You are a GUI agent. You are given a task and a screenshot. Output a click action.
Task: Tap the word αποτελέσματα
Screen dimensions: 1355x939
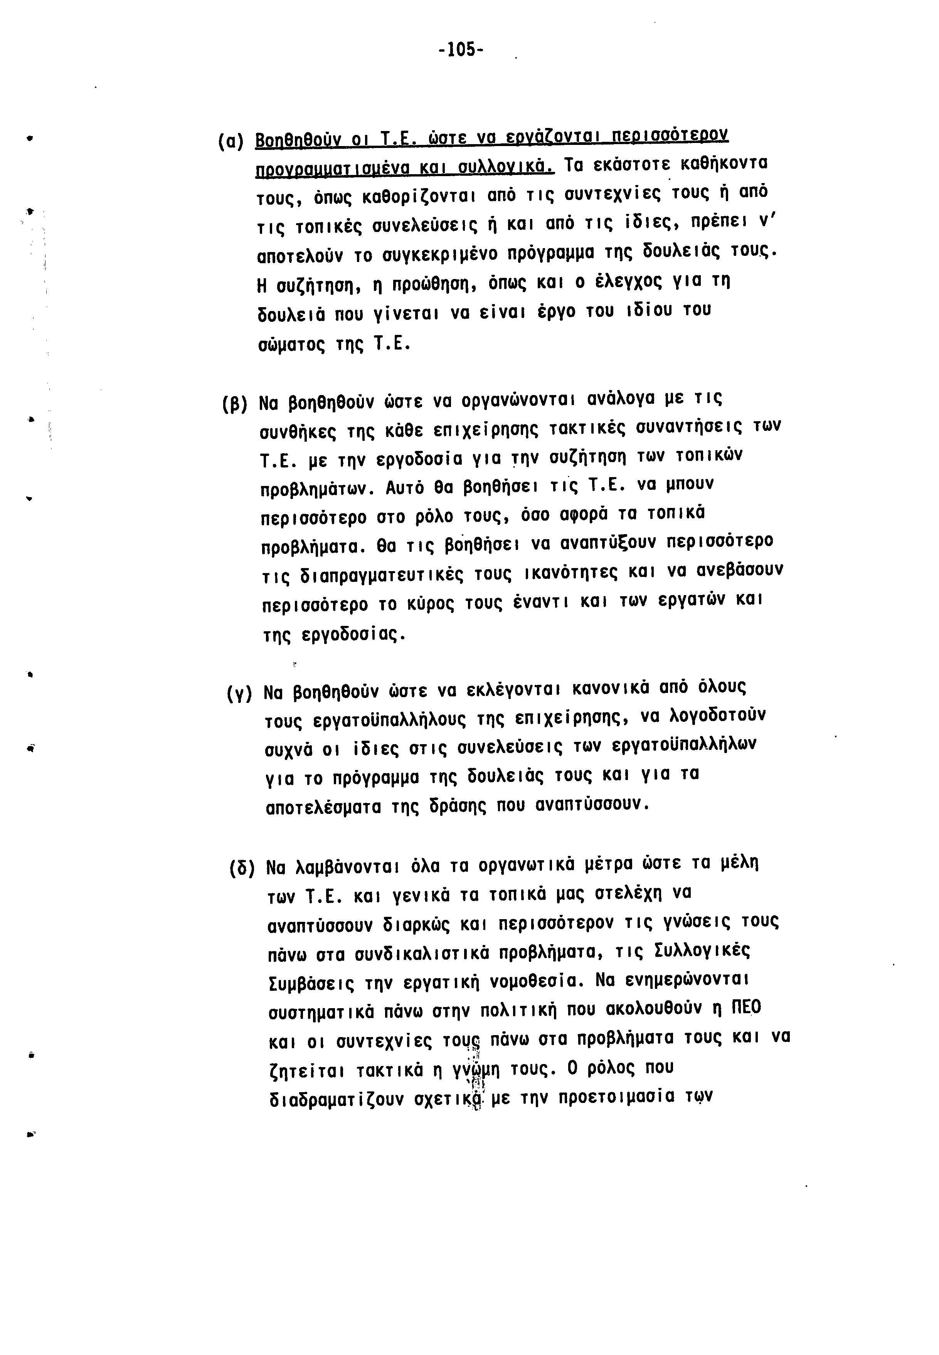point(325,807)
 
